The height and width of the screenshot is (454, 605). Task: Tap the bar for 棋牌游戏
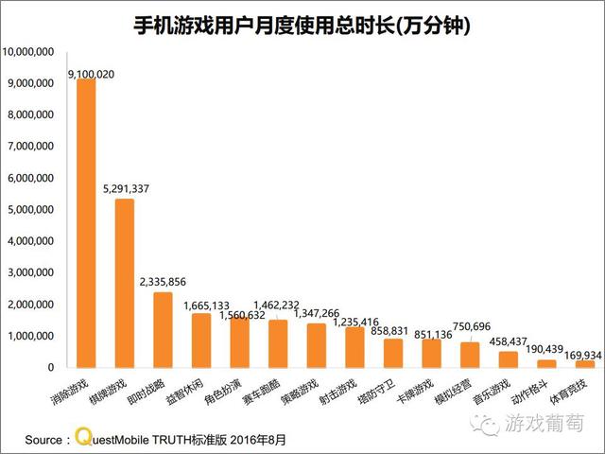click(124, 283)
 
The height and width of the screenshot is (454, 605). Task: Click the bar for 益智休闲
click(201, 340)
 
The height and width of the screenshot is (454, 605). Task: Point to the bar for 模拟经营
click(470, 354)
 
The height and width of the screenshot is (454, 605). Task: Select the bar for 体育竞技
click(585, 363)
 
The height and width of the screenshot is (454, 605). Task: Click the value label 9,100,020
click(92, 73)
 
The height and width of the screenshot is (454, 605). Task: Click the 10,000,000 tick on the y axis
click(32, 52)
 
